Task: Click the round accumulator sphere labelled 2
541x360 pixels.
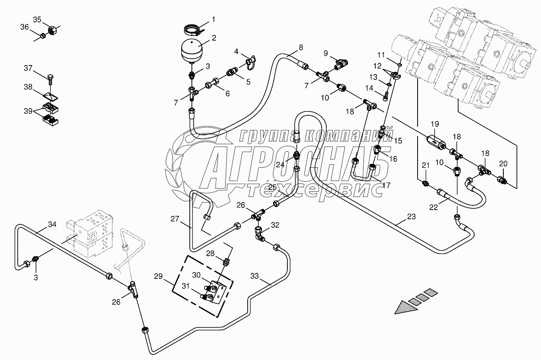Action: pyautogui.click(x=192, y=50)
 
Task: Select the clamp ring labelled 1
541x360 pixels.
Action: pyautogui.click(x=192, y=30)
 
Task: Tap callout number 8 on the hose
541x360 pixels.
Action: pyautogui.click(x=301, y=48)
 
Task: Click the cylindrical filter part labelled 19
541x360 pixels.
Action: pyautogui.click(x=435, y=141)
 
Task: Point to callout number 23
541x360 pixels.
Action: pyautogui.click(x=411, y=217)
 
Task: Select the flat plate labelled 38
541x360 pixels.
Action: pyautogui.click(x=51, y=95)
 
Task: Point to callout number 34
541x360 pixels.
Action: pyautogui.click(x=52, y=224)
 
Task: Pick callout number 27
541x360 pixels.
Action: pyautogui.click(x=175, y=219)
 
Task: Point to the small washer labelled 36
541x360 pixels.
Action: pyautogui.click(x=43, y=37)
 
